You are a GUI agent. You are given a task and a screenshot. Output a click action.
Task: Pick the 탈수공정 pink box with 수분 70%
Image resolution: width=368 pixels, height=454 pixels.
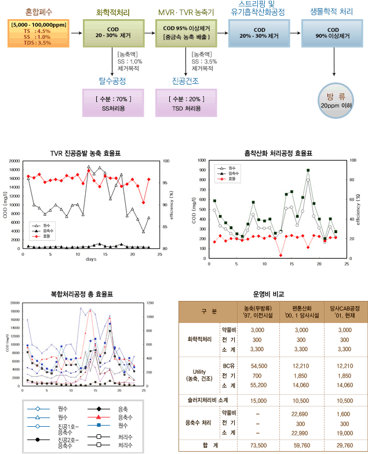pos(113,103)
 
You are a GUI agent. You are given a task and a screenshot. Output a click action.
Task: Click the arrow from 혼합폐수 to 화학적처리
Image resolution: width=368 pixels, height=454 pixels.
pos(75,33)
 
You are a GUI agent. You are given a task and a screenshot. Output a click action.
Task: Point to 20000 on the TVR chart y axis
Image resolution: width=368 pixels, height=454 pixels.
pos(13,161)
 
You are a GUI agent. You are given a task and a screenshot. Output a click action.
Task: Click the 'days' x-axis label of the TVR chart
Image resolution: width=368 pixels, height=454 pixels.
pos(91,259)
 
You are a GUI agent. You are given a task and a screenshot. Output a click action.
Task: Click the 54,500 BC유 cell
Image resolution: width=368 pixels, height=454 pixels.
pos(258,366)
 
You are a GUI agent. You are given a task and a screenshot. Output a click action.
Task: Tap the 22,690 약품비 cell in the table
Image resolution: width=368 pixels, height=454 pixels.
pos(300,413)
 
